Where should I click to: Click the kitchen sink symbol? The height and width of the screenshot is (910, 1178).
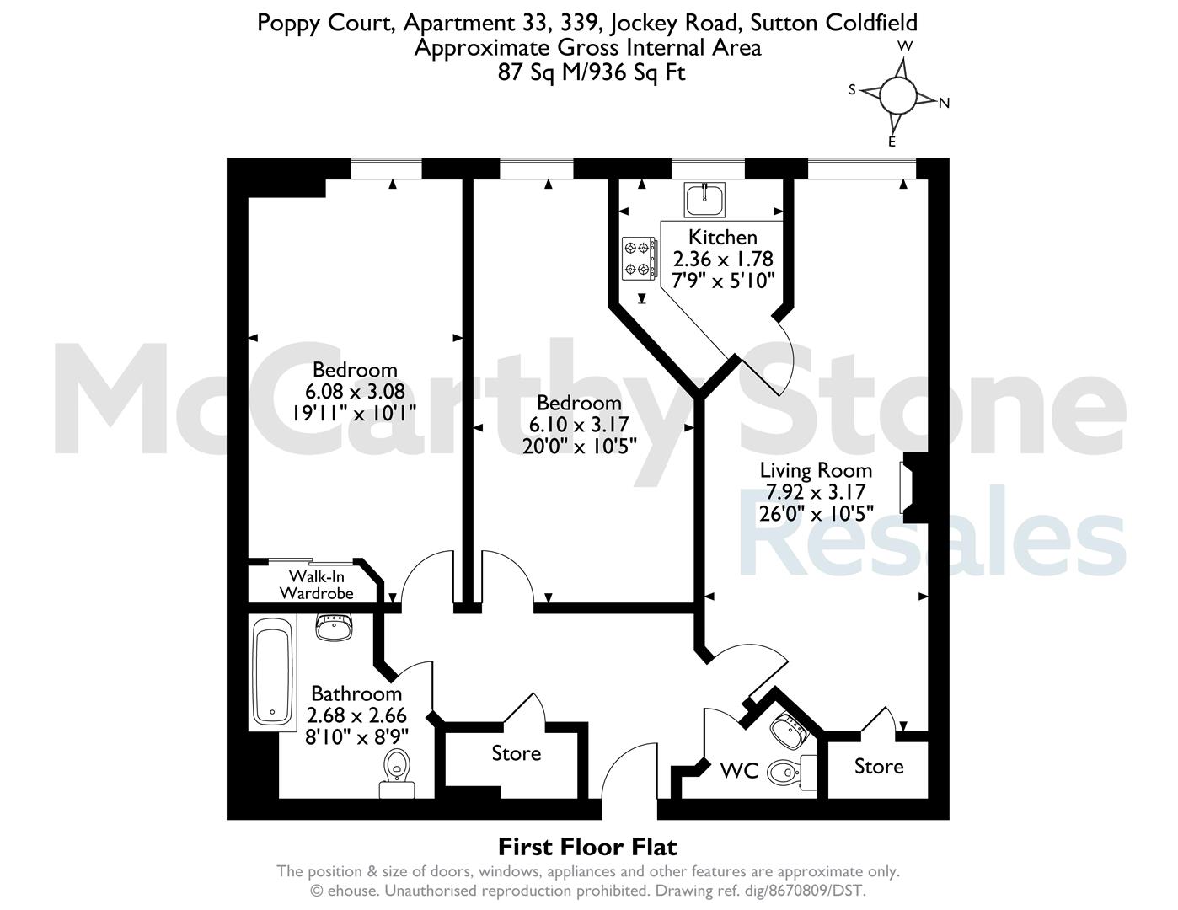point(704,199)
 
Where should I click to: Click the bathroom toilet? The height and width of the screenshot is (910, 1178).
point(397,773)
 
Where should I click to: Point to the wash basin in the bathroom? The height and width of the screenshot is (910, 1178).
point(334,627)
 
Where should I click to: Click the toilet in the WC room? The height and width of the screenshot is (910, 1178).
point(791,771)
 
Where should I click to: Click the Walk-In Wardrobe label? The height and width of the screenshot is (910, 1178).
point(317,585)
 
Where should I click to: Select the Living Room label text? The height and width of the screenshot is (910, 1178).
point(816,470)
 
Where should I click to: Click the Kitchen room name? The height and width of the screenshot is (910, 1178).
point(723,238)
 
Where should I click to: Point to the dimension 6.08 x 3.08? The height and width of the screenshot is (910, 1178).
point(355,391)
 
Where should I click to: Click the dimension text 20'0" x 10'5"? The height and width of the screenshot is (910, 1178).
point(579,447)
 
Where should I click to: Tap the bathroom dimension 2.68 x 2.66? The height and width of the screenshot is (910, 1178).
point(356,715)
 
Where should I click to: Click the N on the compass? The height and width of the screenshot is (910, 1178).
point(945,103)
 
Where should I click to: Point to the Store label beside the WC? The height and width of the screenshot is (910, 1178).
point(879,767)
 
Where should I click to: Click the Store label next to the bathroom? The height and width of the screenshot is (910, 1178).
point(516,753)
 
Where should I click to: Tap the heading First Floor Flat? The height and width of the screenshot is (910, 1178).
point(587,847)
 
